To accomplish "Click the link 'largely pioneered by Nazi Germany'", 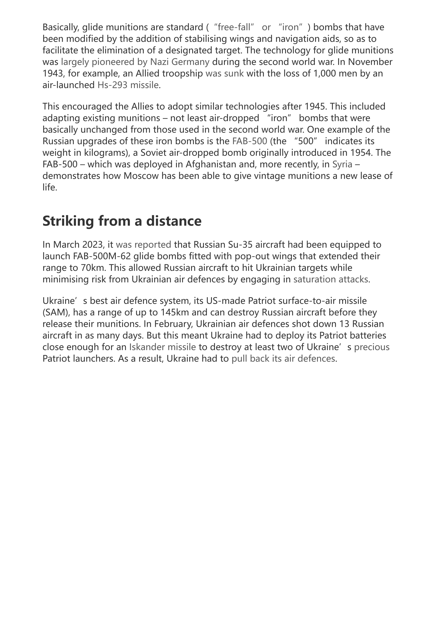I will [135, 62].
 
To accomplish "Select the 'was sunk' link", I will [224, 73].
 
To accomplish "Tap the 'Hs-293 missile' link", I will [128, 85].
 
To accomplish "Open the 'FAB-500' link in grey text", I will [249, 141].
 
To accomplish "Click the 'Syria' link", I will [342, 164].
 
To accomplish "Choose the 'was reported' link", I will [143, 244].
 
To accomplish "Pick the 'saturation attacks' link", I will [331, 279].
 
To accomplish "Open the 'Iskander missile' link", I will [163, 347].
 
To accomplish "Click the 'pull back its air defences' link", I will [283, 358].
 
